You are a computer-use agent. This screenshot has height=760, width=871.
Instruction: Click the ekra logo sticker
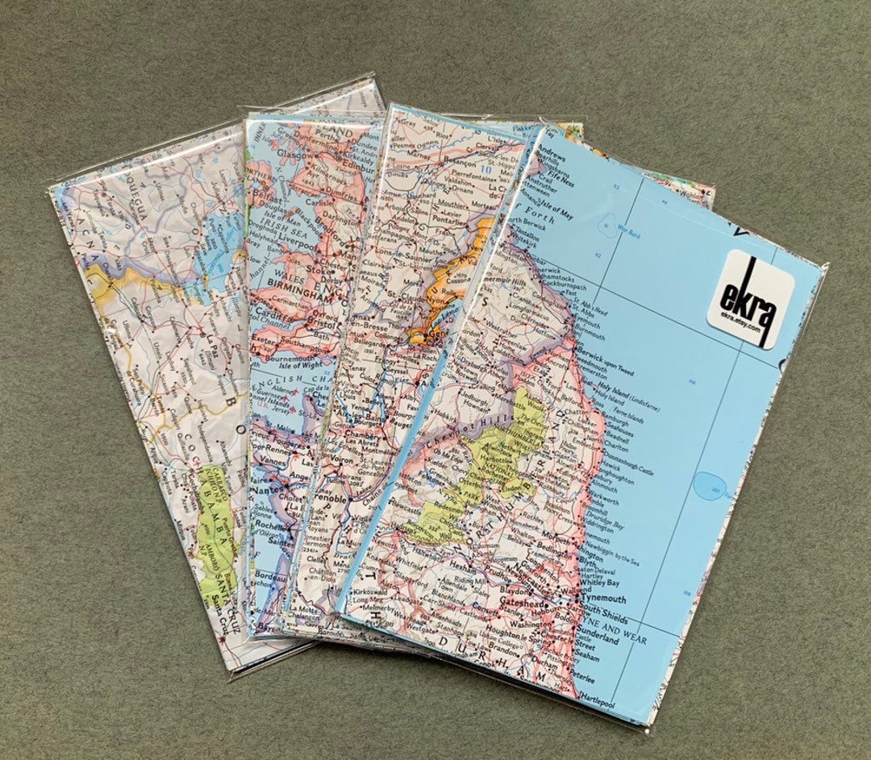point(750,298)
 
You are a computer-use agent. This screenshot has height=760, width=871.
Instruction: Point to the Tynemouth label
point(600,599)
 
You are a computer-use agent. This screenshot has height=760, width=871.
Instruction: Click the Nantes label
point(266,489)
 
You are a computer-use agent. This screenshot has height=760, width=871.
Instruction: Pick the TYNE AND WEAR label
point(613,625)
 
